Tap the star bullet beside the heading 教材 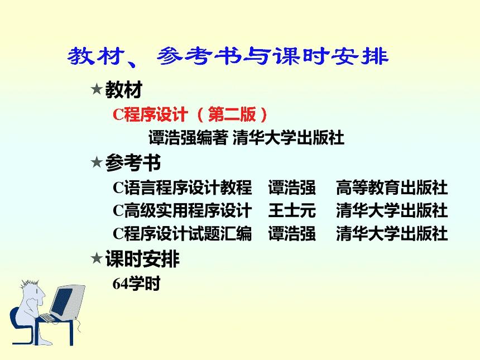click(96, 89)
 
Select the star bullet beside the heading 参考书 click(96, 163)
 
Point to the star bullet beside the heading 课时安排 click(96, 259)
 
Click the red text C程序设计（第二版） click(190, 114)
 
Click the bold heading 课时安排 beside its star click(142, 259)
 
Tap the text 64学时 click(136, 284)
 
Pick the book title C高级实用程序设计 click(182, 210)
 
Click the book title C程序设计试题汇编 click(182, 233)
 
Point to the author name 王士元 click(291, 210)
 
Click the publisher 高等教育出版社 click(392, 188)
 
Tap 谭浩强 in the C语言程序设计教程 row click(291, 188)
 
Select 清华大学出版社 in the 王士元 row click(392, 210)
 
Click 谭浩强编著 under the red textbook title click(188, 137)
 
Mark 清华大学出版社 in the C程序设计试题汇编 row click(392, 233)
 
